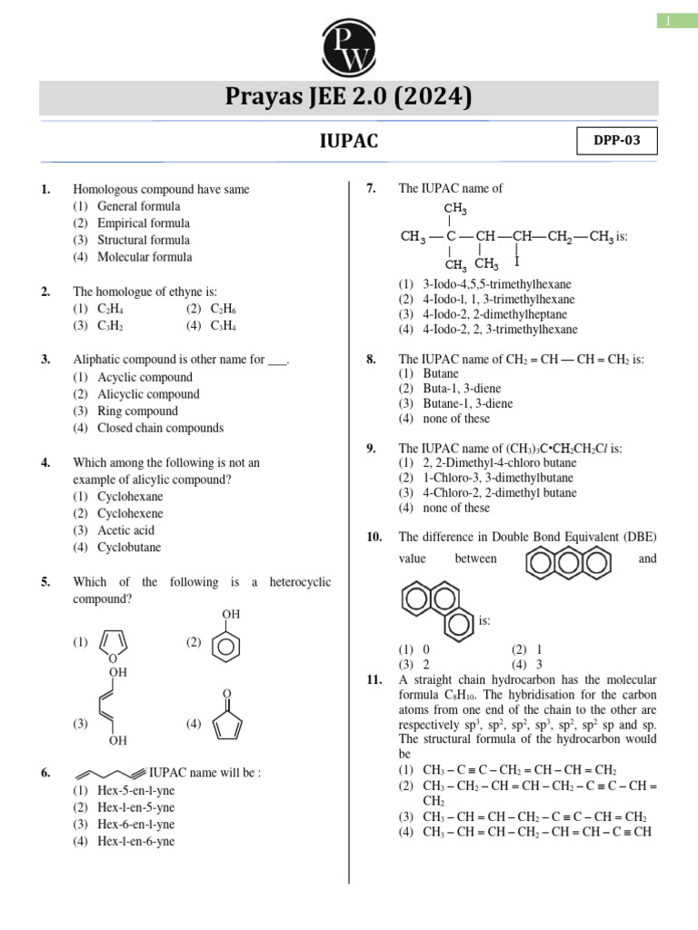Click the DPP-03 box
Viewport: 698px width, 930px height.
(x=616, y=143)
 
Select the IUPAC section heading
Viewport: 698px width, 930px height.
(x=349, y=142)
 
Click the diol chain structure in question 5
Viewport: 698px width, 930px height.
(x=113, y=707)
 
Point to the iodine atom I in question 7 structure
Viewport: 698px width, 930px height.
(x=516, y=263)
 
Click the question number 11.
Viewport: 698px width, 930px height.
(x=374, y=679)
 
